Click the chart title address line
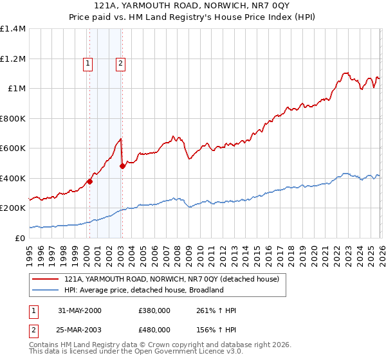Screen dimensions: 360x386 193,6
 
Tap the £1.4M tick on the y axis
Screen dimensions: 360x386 13,29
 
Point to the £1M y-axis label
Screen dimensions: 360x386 17,89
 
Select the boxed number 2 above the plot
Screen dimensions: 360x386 120,63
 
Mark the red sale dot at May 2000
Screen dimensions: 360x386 90,181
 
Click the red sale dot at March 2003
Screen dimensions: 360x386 122,166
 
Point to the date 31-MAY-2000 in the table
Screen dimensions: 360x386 80,311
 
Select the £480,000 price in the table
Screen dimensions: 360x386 154,329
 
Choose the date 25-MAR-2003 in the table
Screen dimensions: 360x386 80,329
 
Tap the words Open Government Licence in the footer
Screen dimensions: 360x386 179,353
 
